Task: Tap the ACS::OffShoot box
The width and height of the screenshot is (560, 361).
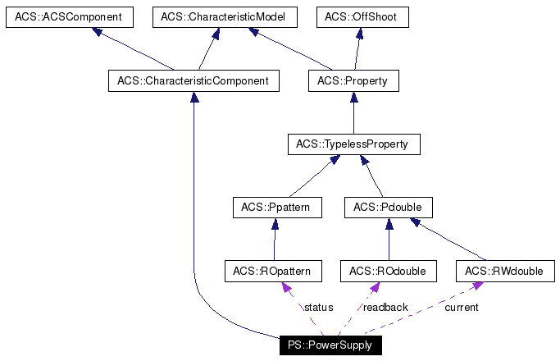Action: (362, 17)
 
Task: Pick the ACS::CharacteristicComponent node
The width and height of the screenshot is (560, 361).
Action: (193, 80)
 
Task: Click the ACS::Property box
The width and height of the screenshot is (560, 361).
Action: (353, 80)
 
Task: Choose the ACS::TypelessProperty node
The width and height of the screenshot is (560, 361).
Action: (353, 144)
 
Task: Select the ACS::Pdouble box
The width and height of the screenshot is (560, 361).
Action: (389, 208)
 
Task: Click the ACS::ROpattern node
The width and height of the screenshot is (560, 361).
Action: (274, 271)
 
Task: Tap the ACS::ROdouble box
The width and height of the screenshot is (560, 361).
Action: (388, 271)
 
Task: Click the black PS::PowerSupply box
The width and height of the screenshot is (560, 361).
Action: (330, 345)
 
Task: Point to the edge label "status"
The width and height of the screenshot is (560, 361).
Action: (318, 308)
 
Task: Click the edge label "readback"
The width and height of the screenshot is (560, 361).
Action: (385, 308)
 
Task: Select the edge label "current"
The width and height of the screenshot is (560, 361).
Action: (461, 308)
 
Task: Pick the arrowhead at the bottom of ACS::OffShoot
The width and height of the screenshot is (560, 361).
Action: (359, 34)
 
